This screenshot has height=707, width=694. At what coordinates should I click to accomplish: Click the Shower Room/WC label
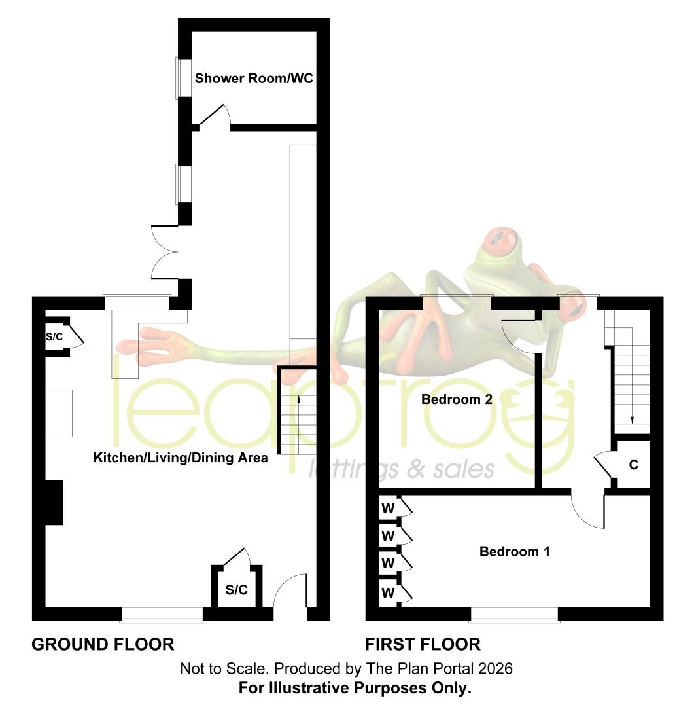point(254,79)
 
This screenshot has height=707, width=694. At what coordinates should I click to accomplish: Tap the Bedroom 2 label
point(457,399)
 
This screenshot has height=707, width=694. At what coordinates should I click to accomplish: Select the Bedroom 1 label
point(514,551)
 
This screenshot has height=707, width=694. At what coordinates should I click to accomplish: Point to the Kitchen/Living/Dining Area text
point(181,458)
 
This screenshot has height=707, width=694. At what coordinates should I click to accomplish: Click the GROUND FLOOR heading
point(103,644)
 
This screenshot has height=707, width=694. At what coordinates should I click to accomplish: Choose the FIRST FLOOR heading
point(423,644)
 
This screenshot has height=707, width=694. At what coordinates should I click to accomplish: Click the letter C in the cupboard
point(634,465)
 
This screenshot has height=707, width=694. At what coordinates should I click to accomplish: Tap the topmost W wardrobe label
point(388,509)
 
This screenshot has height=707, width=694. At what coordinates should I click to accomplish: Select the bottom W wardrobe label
point(388,592)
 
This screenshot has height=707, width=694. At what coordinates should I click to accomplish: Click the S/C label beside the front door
point(237,589)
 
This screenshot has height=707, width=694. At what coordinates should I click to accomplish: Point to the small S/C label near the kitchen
point(54,337)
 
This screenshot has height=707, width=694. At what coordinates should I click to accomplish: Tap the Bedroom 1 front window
point(514,615)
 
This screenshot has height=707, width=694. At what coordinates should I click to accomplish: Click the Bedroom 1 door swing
point(587,511)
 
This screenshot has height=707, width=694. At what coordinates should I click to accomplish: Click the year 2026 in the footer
point(495,668)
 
